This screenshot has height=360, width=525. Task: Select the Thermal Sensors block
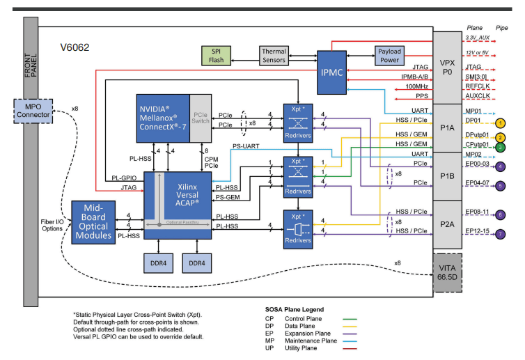[274, 56]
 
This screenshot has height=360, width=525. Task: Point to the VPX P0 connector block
[447, 67]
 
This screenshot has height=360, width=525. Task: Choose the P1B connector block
[447, 176]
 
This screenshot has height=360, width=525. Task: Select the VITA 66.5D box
[447, 272]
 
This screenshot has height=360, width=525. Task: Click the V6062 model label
[75, 48]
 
